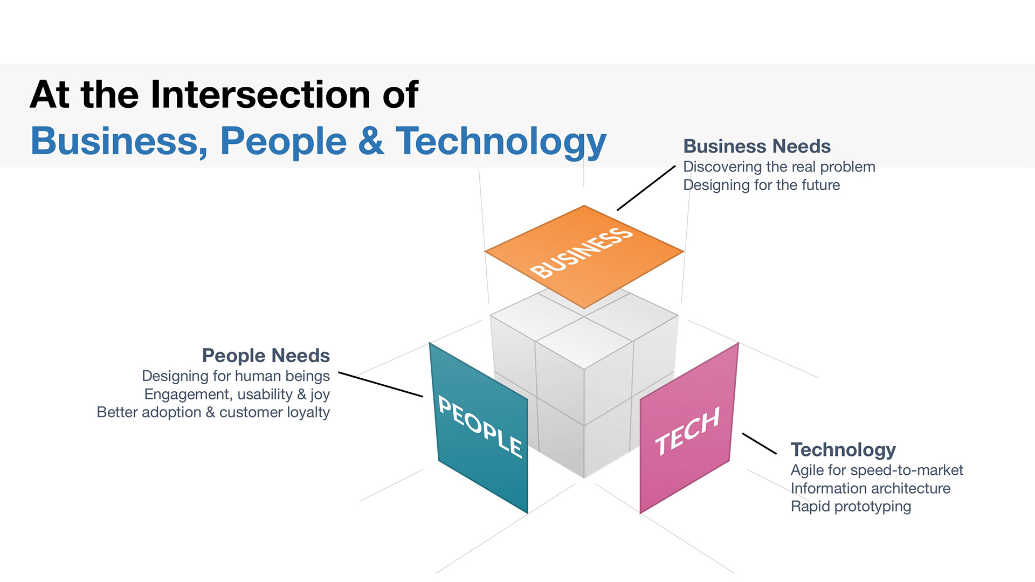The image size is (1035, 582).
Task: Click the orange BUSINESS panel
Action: click(x=584, y=257)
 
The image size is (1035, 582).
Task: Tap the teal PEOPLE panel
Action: click(x=479, y=428)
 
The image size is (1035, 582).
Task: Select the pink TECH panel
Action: click(x=688, y=428)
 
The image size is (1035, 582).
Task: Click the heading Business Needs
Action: click(x=757, y=146)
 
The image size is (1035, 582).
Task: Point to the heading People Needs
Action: click(x=266, y=356)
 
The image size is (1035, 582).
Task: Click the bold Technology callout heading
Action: click(x=843, y=450)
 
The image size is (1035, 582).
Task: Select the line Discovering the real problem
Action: click(x=779, y=167)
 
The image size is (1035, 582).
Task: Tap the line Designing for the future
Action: click(x=761, y=185)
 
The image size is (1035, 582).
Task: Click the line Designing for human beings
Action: click(x=236, y=376)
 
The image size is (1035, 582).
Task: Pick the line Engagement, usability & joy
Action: click(x=237, y=394)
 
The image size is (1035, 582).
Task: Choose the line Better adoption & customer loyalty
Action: click(x=213, y=413)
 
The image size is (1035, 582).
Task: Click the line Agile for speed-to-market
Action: click(x=877, y=470)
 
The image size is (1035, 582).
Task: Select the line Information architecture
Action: click(x=870, y=488)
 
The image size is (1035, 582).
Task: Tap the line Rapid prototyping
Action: click(x=851, y=507)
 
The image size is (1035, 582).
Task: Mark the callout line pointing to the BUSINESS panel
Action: click(x=646, y=188)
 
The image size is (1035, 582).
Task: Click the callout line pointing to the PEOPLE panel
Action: click(x=381, y=384)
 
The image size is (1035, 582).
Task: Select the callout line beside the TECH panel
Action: click(x=759, y=444)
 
